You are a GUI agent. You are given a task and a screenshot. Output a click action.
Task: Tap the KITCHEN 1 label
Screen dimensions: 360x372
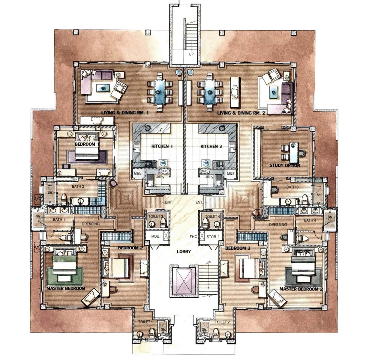(162, 147)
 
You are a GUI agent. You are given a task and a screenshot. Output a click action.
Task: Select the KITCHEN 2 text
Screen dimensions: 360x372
(211, 147)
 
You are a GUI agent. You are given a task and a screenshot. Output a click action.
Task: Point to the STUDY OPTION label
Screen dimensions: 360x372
(284, 165)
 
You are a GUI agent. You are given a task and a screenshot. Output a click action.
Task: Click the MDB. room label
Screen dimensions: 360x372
(155, 236)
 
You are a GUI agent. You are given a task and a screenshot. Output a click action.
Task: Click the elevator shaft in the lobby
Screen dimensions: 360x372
(183, 281)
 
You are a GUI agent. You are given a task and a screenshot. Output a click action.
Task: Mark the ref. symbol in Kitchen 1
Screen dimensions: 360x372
(163, 163)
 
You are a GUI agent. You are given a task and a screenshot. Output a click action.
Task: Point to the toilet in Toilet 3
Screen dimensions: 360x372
(163, 222)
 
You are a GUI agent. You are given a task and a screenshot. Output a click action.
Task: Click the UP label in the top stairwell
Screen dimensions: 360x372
(191, 55)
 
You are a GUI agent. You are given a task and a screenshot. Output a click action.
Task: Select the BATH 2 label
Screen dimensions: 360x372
(78, 186)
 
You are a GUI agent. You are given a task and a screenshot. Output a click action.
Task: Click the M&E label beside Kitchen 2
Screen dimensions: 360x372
(231, 174)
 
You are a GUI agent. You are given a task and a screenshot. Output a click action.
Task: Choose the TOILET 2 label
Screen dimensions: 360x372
(222, 322)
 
